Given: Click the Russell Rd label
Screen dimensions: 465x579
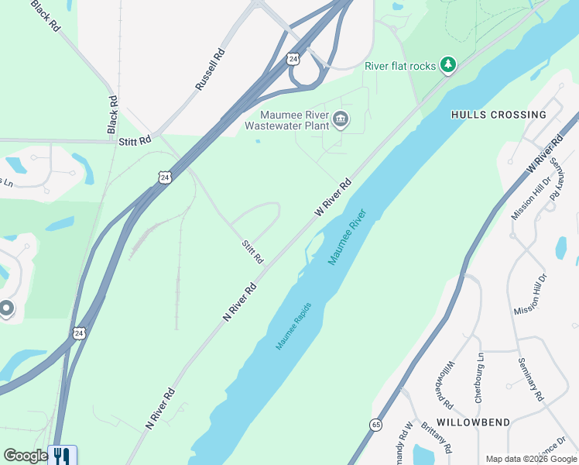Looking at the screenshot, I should point(210,71).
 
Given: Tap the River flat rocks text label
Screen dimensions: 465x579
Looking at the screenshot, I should point(400,66).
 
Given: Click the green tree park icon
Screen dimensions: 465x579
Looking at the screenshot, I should point(447,65).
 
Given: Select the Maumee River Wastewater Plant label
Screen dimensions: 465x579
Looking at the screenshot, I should point(286,120).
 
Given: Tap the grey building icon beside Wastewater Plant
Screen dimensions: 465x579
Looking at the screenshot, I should point(341,120).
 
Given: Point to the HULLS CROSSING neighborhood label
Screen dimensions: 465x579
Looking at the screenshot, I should point(498,115).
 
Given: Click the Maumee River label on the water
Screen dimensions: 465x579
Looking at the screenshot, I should point(346,237).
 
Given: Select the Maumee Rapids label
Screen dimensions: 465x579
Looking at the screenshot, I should point(295,325).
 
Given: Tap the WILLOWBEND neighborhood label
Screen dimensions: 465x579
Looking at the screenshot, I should point(473,422).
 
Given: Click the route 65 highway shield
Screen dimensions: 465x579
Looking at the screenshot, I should point(375,425).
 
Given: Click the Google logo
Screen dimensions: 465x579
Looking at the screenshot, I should point(25,456).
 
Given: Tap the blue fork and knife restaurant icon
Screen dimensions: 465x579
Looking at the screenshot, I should point(62,456).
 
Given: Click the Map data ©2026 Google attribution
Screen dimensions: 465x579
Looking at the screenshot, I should point(531,459).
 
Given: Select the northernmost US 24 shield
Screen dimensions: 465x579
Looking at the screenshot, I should point(293,58).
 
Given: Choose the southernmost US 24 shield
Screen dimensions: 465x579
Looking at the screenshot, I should point(78,333).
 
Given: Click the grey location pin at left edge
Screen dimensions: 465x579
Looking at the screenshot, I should point(6,308).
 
